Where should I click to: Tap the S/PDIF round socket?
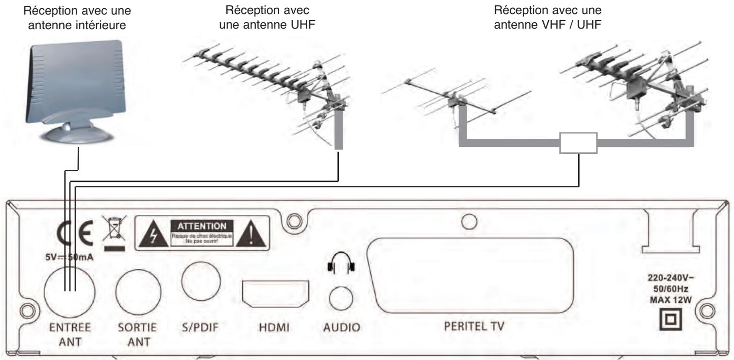click(201, 283)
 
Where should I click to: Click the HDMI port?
click(275, 294)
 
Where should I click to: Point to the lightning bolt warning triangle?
click(151, 234)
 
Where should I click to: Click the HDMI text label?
click(275, 327)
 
